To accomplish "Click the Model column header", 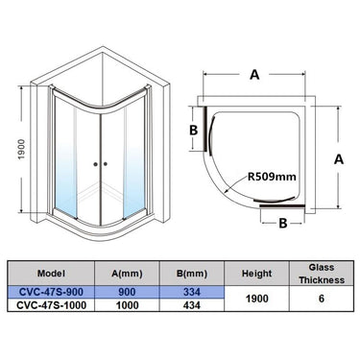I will (54, 272).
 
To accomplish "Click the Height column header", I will (259, 272).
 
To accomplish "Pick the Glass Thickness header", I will (321, 272).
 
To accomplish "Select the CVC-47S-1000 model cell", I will (54, 306).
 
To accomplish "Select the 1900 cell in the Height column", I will (259, 299).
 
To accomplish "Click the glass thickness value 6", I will (321, 299).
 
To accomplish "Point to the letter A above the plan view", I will (255, 72).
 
